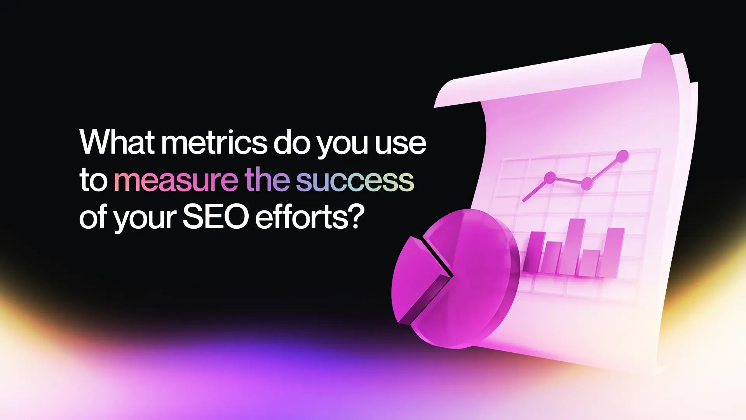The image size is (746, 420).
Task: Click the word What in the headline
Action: pos(117,142)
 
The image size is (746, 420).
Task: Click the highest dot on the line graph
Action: pos(622,156)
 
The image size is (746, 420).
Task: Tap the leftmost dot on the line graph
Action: pos(550,178)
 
